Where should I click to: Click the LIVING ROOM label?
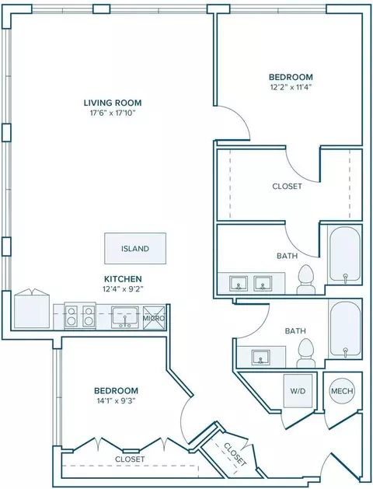(113, 103)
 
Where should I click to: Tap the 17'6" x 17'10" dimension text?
(113, 113)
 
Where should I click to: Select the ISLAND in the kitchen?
(135, 248)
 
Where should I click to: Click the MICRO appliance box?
(154, 318)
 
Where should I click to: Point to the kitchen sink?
(125, 317)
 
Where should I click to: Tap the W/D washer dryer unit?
(298, 391)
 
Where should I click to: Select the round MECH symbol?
(342, 391)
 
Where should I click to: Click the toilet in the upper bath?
(305, 279)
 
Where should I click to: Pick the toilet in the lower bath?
(305, 354)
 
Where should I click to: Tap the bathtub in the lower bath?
(345, 329)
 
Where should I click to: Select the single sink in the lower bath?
(261, 358)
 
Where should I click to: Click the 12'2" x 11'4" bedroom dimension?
(291, 87)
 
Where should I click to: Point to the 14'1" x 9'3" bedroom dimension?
(117, 400)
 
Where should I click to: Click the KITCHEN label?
(123, 278)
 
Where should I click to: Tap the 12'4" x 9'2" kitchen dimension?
(123, 288)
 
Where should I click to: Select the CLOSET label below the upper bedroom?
(287, 186)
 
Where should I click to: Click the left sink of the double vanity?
(239, 283)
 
